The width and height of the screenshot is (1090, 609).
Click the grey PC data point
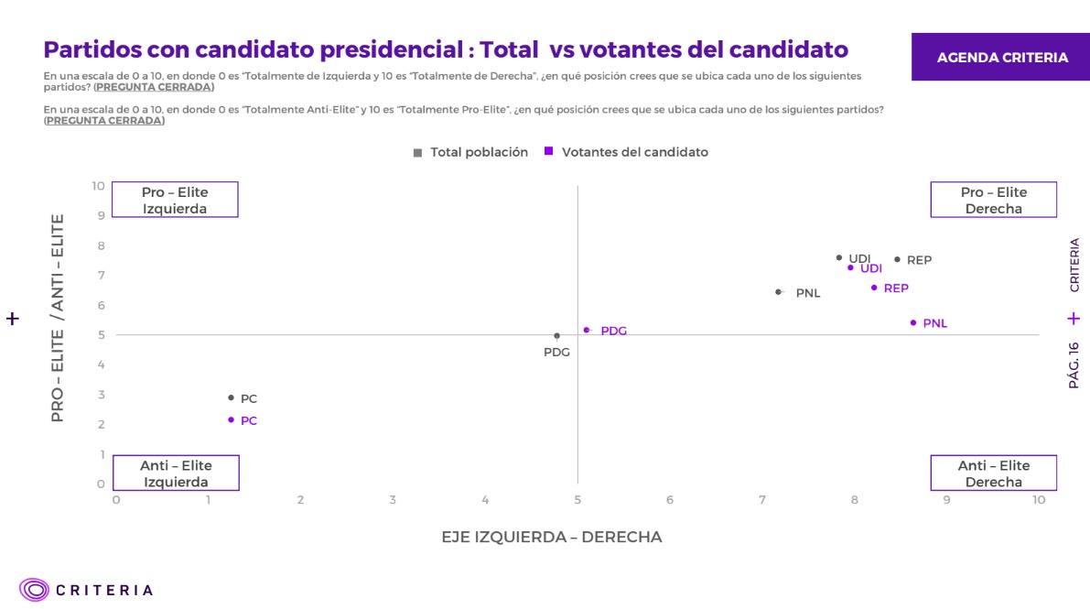click(x=231, y=397)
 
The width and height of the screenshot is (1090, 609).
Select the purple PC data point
click(x=231, y=419)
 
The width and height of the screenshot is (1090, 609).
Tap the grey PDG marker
click(x=556, y=336)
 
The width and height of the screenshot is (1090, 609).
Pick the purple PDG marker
click(x=587, y=330)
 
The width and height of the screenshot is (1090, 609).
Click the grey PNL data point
click(x=778, y=292)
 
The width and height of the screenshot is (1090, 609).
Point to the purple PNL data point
click(x=912, y=322)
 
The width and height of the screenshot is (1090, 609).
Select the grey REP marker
click(x=897, y=259)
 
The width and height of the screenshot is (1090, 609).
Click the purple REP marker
click(x=874, y=288)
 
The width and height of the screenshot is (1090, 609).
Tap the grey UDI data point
click(x=838, y=258)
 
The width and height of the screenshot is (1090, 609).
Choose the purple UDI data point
click(x=850, y=267)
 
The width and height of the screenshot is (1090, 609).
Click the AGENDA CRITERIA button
click(x=1001, y=58)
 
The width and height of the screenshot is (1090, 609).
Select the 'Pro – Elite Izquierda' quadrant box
click(x=175, y=200)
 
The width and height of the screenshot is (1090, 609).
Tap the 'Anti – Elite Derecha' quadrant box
click(x=993, y=473)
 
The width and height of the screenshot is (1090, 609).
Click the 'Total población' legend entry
click(x=471, y=152)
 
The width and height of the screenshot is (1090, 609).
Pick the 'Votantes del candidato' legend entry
click(x=626, y=152)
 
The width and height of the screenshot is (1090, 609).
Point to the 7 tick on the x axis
click(x=762, y=500)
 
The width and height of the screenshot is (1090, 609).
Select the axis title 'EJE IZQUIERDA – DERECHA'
click(x=551, y=537)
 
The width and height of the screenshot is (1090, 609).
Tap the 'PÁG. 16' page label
click(x=1074, y=365)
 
